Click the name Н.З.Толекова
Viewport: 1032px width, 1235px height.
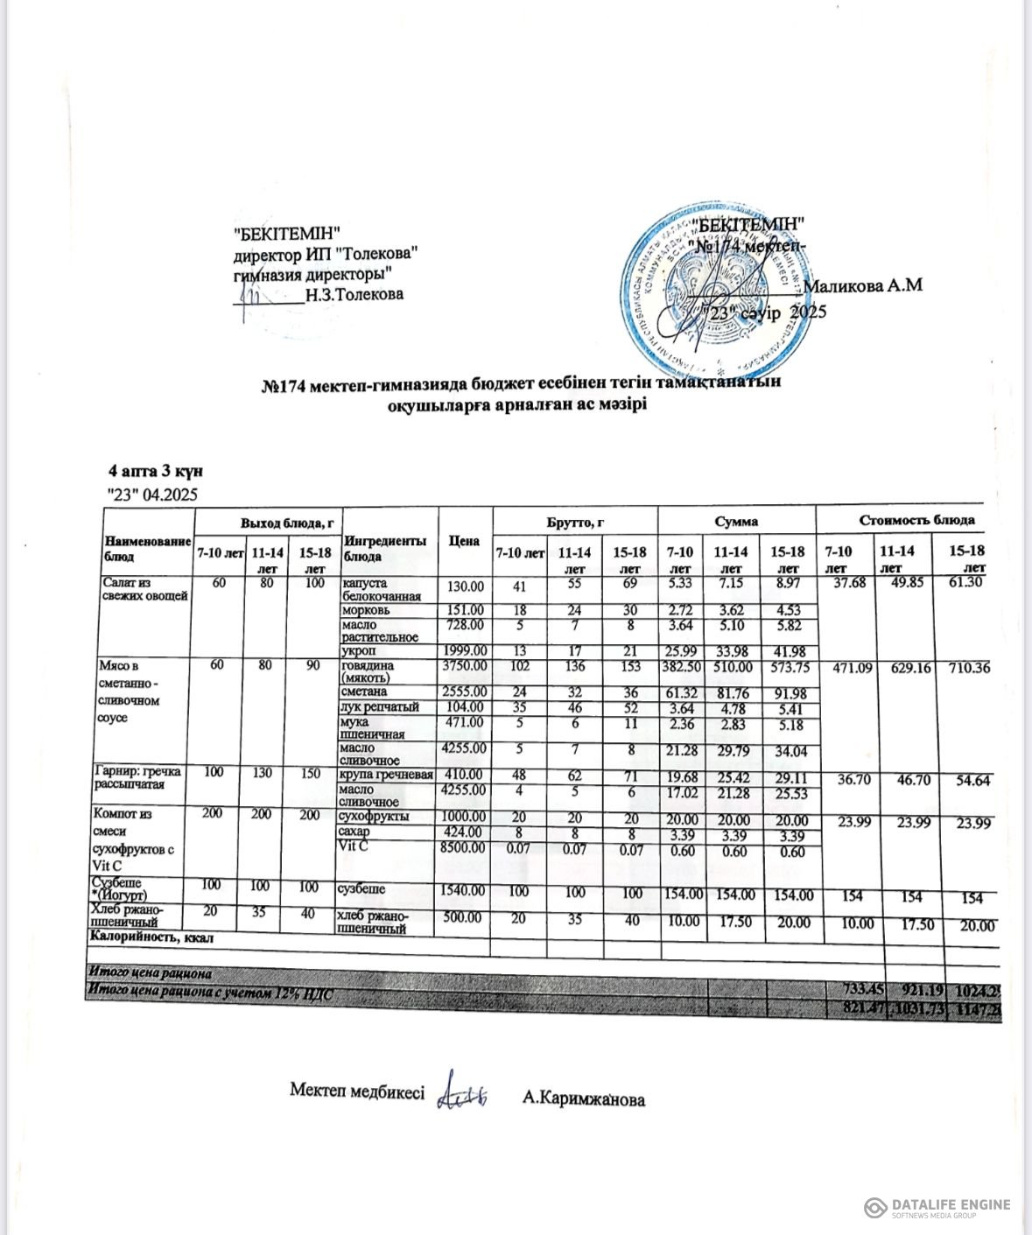coord(355,294)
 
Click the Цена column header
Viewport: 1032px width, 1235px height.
coord(464,541)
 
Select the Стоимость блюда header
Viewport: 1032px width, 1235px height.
coord(916,520)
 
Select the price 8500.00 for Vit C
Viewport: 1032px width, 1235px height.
coord(464,847)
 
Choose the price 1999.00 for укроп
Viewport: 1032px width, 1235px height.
coord(464,651)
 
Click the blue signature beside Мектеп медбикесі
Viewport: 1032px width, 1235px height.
coord(462,1091)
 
